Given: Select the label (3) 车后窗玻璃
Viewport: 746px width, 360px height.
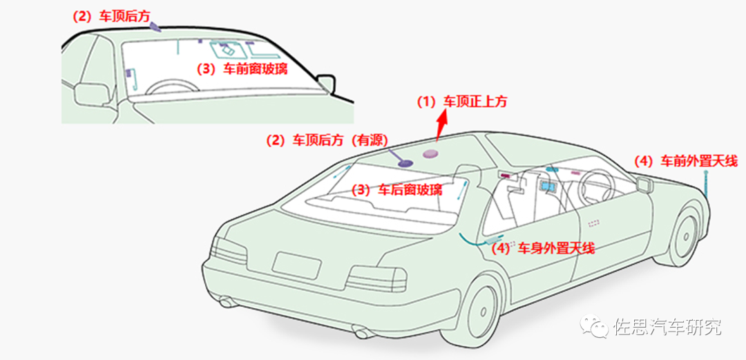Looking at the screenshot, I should click(397, 189).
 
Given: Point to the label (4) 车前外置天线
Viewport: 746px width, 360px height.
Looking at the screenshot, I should click(686, 162).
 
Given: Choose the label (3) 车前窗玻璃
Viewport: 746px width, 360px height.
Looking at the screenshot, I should click(242, 69).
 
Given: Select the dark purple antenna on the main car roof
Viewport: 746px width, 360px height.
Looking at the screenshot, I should click(403, 163).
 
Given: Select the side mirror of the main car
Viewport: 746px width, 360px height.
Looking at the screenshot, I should click(644, 184).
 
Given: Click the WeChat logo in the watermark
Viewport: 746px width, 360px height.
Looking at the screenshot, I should click(595, 327).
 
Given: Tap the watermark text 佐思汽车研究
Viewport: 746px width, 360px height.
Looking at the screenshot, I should click(667, 327).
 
